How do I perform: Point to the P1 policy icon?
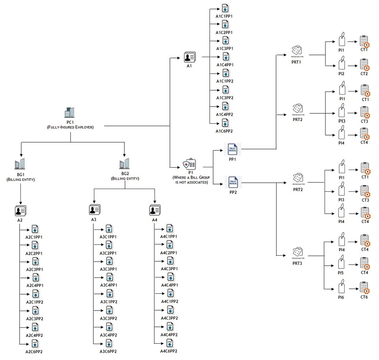point(189,164)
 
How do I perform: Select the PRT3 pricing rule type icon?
point(297,251)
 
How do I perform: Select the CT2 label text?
point(364,73)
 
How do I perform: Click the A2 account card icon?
point(20,210)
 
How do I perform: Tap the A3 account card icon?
point(94,209)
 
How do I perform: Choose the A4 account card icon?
point(155,209)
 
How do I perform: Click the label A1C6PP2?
point(224,131)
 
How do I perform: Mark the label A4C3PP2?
point(169,318)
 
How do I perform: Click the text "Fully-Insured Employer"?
point(70,127)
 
